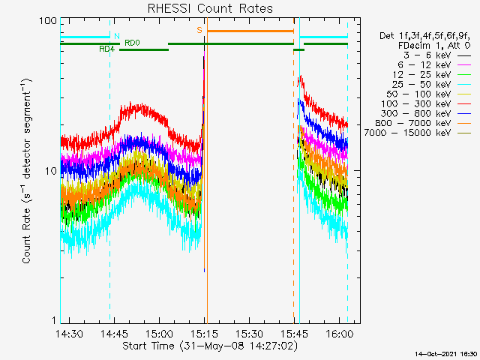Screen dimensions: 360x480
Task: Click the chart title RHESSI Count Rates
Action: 209,9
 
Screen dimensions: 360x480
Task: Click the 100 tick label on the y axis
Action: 49,21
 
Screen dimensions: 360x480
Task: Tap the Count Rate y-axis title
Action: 28,172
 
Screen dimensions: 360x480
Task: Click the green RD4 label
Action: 107,49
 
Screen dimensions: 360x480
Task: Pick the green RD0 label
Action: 132,43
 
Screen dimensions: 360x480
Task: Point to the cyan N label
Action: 116,35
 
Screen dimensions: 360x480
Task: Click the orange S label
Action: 199,30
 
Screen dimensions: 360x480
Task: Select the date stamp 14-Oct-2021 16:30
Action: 447,353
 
